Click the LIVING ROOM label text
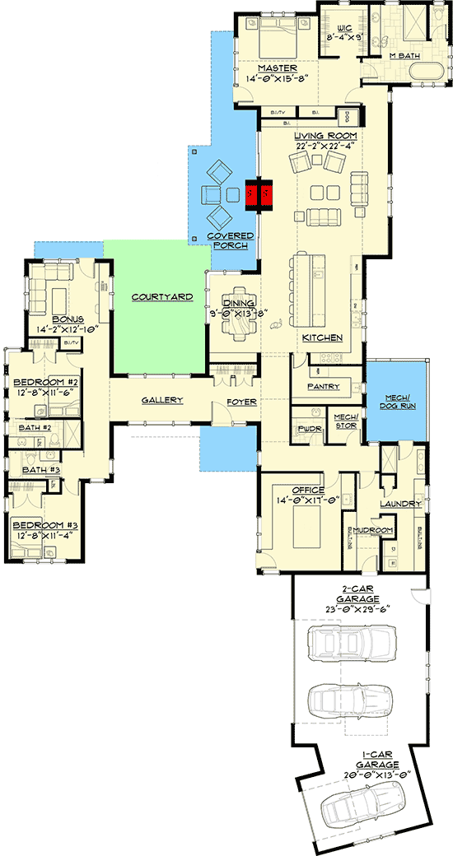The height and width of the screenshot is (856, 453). click(x=326, y=135)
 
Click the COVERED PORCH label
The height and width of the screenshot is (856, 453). click(x=233, y=240)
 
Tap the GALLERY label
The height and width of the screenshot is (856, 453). click(x=161, y=400)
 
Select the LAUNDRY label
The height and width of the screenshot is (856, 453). click(x=400, y=504)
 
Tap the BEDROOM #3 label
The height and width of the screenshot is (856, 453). click(x=44, y=525)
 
